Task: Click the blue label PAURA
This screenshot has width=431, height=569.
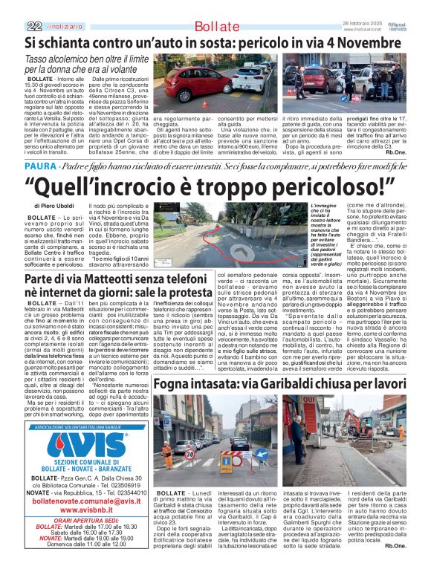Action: [x=40, y=146]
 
